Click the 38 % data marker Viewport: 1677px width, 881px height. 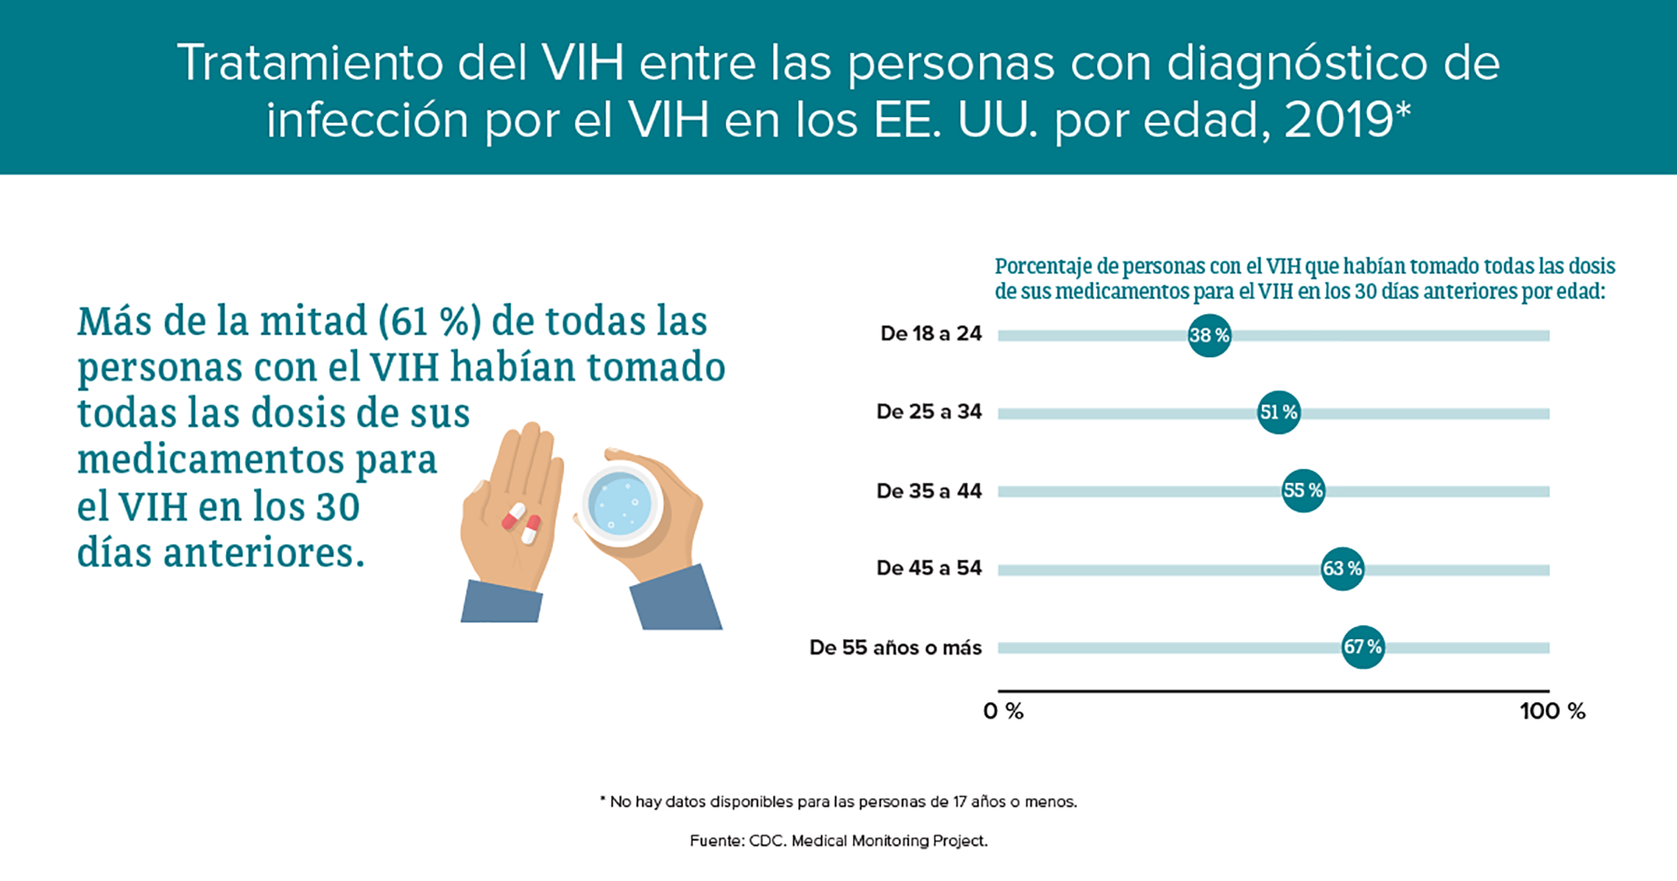tap(1210, 335)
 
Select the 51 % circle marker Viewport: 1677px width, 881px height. tap(1279, 412)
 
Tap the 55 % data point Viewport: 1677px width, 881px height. tap(1303, 491)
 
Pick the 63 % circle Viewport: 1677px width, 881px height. tap(1342, 568)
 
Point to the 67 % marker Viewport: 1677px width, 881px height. tap(1363, 647)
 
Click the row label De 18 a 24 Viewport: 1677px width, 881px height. tap(931, 334)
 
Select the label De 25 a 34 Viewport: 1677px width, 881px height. tap(929, 411)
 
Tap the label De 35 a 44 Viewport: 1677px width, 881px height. tap(929, 491)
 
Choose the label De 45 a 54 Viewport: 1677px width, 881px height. tap(929, 568)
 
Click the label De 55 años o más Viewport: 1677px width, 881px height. tap(896, 647)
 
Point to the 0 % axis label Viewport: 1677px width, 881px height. tap(1004, 711)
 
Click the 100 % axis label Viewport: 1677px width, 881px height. tap(1552, 711)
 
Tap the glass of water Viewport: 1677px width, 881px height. tap(621, 505)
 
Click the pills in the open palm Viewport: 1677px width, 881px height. tap(521, 523)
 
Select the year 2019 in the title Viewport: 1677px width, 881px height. tap(1339, 119)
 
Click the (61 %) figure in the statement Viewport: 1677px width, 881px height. tap(430, 321)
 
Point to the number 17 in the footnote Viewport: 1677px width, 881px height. tap(959, 802)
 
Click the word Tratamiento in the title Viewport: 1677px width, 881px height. tap(310, 63)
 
